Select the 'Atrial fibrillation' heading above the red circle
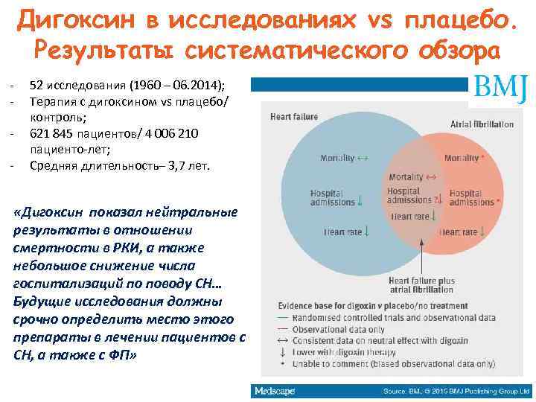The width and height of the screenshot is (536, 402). (x=482, y=123)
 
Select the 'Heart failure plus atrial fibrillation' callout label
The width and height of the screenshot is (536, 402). (x=422, y=285)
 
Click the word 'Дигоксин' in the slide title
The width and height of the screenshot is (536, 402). (x=74, y=19)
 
